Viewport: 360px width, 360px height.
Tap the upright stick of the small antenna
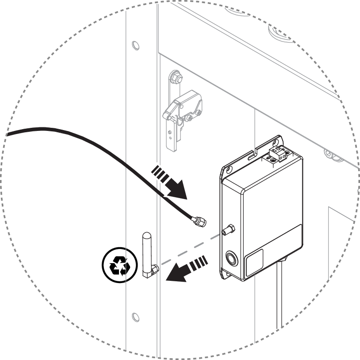tap(146, 250)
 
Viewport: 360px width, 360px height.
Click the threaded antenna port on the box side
tap(228, 229)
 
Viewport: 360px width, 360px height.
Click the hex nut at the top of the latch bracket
tap(176, 77)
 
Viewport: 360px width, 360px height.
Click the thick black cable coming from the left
tap(88, 146)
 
